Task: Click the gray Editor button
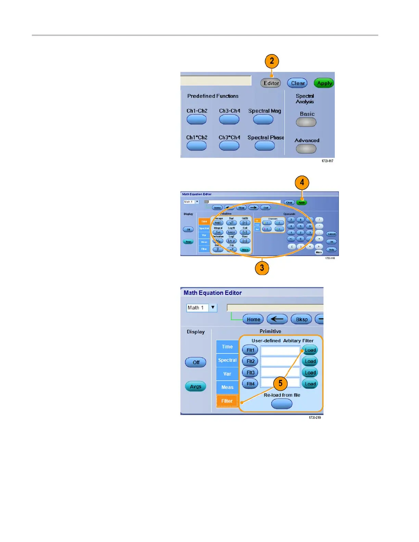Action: (271, 83)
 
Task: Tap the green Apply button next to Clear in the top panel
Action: (324, 83)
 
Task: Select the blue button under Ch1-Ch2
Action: (196, 119)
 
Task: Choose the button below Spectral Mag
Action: (263, 119)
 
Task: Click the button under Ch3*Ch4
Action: (229, 146)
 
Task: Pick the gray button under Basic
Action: (306, 122)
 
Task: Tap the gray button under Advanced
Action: (306, 149)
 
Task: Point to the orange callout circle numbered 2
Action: (272, 61)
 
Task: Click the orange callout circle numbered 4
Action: (302, 182)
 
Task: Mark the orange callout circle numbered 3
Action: (262, 268)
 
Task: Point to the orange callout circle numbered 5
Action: (280, 383)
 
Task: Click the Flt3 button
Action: (250, 373)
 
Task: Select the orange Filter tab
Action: (227, 401)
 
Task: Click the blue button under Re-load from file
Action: (282, 404)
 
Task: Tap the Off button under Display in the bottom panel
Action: (196, 362)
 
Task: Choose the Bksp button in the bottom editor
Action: (302, 319)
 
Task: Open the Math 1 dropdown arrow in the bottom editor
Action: (213, 307)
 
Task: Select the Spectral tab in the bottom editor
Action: (227, 360)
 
